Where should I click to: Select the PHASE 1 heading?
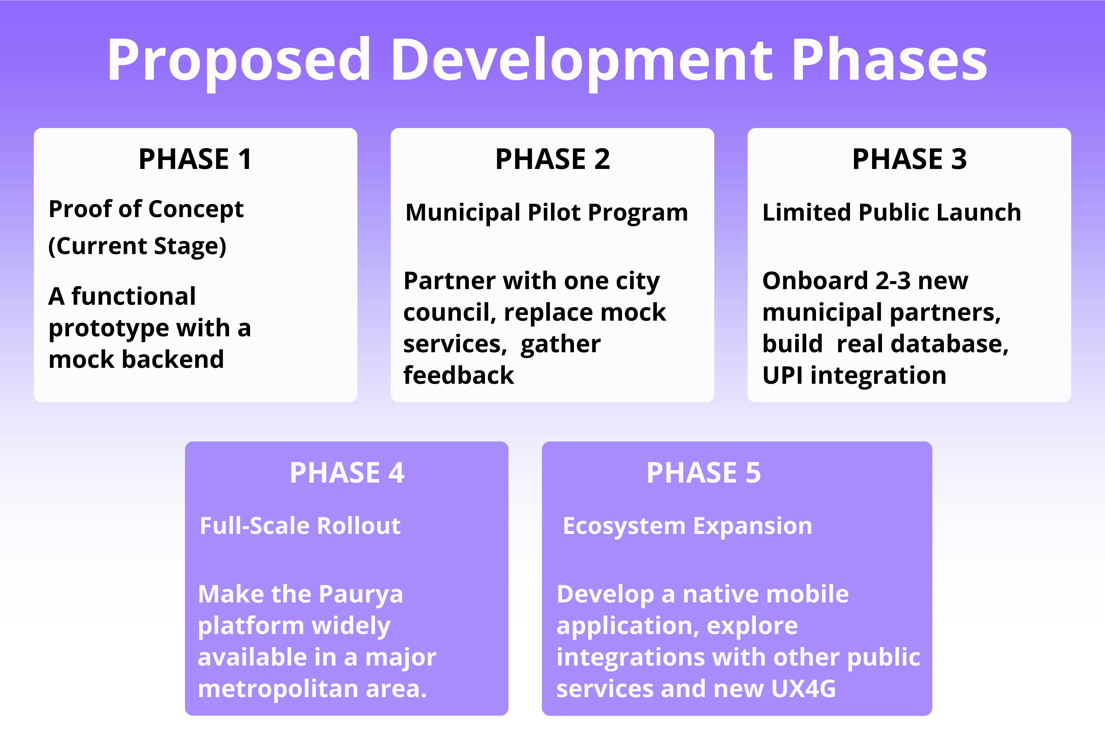click(195, 159)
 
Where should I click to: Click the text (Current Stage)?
click(137, 246)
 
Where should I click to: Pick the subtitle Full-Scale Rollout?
click(300, 526)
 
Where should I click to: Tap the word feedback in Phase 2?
click(458, 375)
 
